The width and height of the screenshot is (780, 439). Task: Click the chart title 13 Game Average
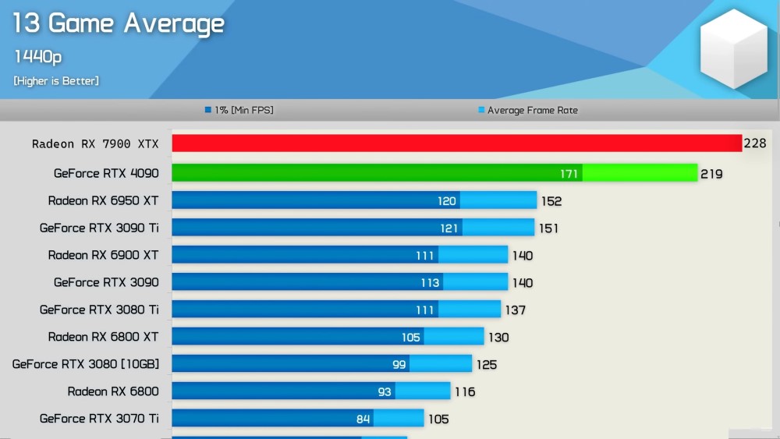pyautogui.click(x=118, y=23)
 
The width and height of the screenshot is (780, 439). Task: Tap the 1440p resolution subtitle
pyautogui.click(x=37, y=56)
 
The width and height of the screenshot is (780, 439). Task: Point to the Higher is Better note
pyautogui.click(x=56, y=81)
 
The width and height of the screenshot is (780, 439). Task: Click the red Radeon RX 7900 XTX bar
pyautogui.click(x=456, y=143)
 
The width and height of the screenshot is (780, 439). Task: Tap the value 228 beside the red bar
pyautogui.click(x=755, y=143)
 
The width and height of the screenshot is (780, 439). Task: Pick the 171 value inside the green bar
pyautogui.click(x=569, y=174)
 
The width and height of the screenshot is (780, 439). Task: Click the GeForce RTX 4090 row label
pyautogui.click(x=106, y=173)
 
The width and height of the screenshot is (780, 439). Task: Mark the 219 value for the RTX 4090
pyautogui.click(x=711, y=174)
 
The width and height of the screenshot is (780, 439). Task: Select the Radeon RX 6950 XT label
pyautogui.click(x=103, y=200)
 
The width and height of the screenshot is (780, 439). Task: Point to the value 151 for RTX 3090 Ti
pyautogui.click(x=548, y=228)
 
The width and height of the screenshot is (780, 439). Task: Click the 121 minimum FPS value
pyautogui.click(x=449, y=228)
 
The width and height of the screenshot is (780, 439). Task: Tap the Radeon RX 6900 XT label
pyautogui.click(x=103, y=255)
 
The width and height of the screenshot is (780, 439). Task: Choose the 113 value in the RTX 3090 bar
pyautogui.click(x=430, y=283)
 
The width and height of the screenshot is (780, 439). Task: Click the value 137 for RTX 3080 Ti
pyautogui.click(x=515, y=310)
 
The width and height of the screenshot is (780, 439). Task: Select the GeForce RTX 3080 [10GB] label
pyautogui.click(x=86, y=364)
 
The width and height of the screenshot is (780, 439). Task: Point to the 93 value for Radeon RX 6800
pyautogui.click(x=384, y=391)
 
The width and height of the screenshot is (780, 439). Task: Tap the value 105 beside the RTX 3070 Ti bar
pyautogui.click(x=438, y=420)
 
